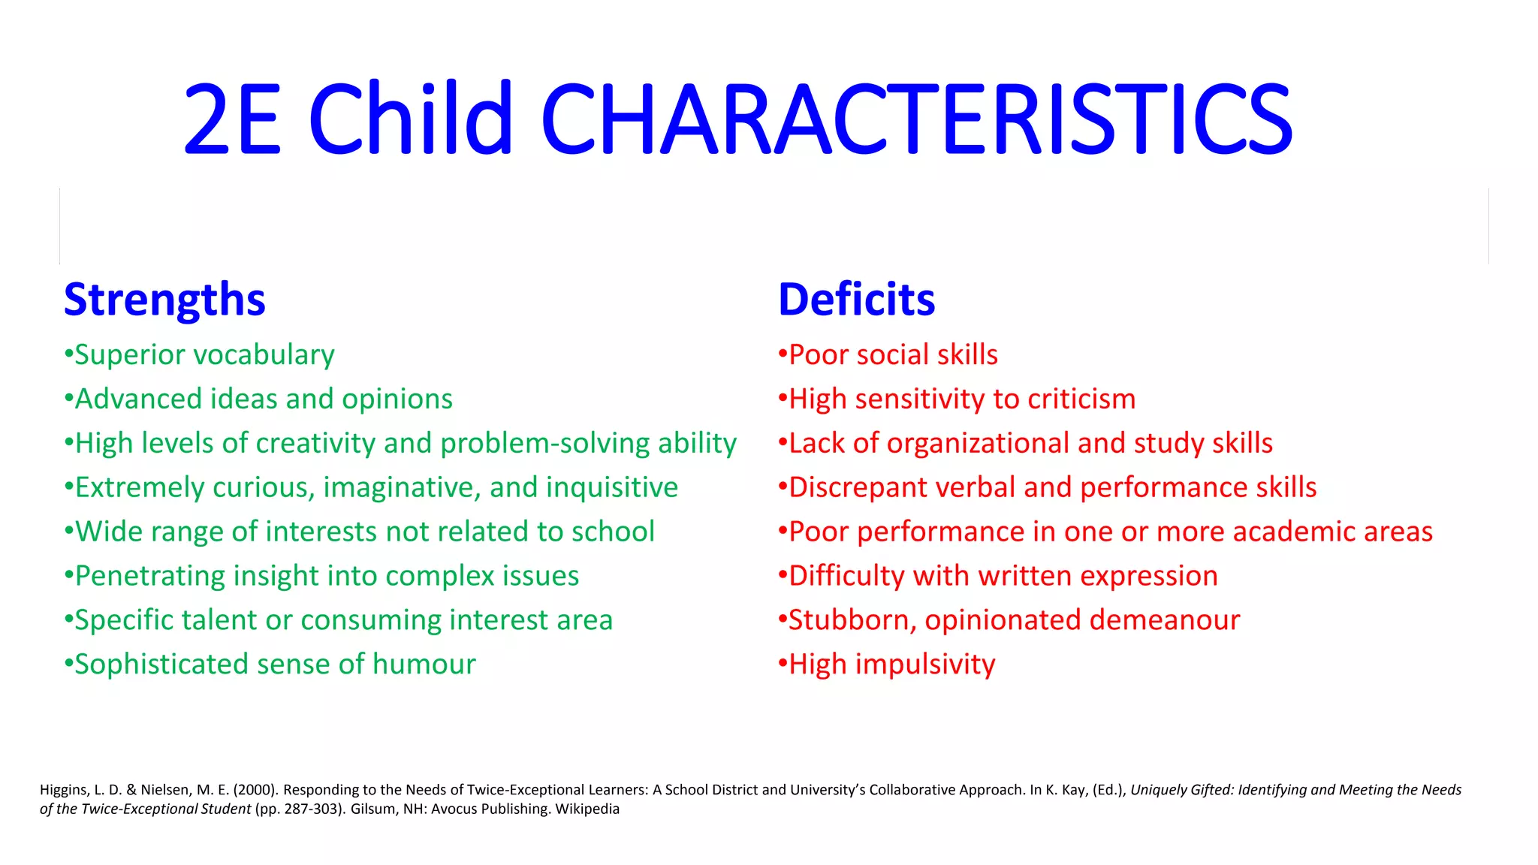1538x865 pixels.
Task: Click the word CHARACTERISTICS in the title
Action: coord(916,120)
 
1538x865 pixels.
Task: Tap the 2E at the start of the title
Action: coord(233,120)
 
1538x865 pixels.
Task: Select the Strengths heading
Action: coord(164,299)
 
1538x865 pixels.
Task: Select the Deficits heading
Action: coord(856,299)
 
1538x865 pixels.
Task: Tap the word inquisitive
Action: coord(612,487)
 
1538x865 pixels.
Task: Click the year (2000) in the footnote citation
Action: coord(255,790)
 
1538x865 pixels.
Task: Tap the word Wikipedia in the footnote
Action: coord(587,809)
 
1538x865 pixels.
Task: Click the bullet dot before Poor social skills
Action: coord(783,354)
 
